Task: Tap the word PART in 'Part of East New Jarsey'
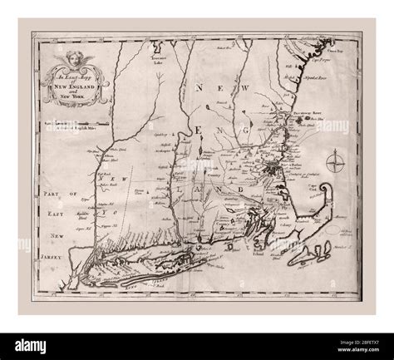click(47, 192)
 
